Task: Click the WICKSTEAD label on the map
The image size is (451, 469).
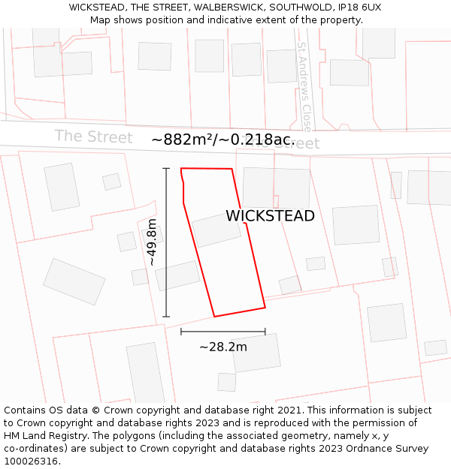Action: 270,216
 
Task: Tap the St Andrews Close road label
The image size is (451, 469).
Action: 304,87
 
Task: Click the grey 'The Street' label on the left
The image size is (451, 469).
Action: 93,137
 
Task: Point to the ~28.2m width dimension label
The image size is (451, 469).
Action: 223,347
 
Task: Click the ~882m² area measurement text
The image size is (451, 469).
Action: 222,140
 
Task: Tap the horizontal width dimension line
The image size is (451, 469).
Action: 223,331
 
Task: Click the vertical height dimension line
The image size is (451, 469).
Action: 166,242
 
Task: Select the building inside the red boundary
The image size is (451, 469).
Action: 216,230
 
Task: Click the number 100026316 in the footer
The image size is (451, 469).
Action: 32,461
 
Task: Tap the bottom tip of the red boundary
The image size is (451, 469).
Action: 215,316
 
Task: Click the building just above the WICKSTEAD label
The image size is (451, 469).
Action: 276,188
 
